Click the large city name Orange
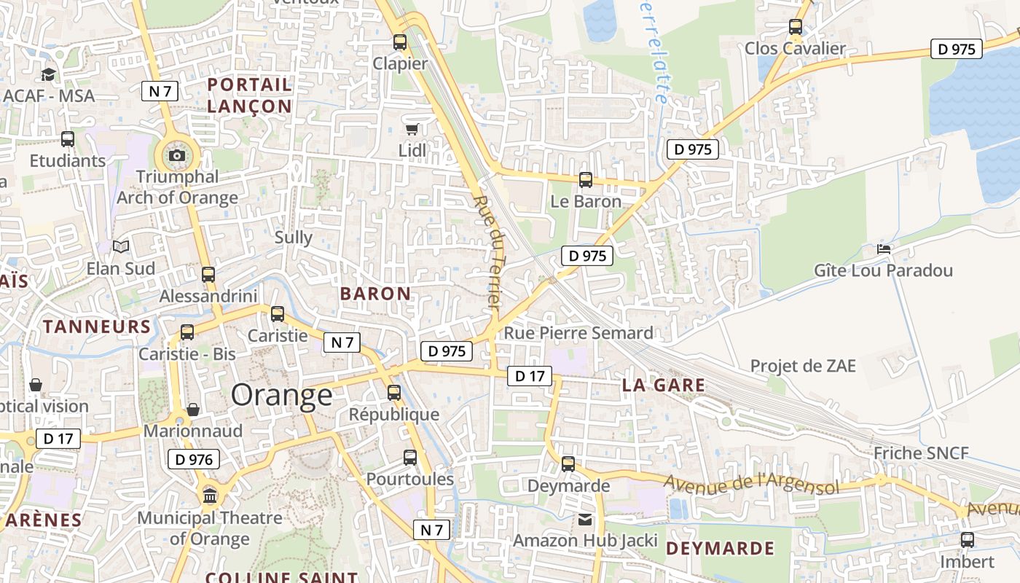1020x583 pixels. pyautogui.click(x=282, y=395)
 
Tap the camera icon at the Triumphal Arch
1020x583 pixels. pyautogui.click(x=176, y=155)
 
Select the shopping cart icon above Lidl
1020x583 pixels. pyautogui.click(x=412, y=130)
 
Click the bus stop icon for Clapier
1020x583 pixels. pyautogui.click(x=400, y=42)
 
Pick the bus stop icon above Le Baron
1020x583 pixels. pyautogui.click(x=585, y=180)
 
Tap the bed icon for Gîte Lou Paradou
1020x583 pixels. pyautogui.click(x=884, y=249)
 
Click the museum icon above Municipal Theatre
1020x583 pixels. pyautogui.click(x=210, y=496)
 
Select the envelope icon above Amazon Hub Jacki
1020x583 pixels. pyautogui.click(x=585, y=520)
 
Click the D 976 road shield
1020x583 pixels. pyautogui.click(x=193, y=459)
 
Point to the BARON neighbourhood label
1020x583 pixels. pyautogui.click(x=375, y=294)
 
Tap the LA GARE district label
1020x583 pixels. pyautogui.click(x=664, y=386)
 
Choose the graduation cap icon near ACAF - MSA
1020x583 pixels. pyautogui.click(x=49, y=74)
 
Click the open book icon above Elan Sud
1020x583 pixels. pyautogui.click(x=121, y=247)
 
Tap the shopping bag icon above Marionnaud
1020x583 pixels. pyautogui.click(x=193, y=410)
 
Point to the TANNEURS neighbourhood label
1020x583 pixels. pyautogui.click(x=97, y=326)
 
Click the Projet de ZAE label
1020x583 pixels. pyautogui.click(x=803, y=366)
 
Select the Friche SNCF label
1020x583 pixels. pyautogui.click(x=921, y=453)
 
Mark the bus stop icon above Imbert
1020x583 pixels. pyautogui.click(x=967, y=540)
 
